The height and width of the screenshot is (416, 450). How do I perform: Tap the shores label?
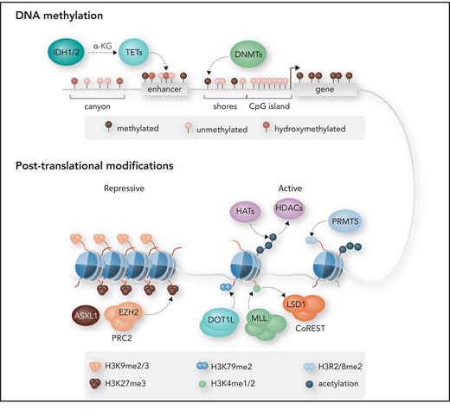pos(223,110)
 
